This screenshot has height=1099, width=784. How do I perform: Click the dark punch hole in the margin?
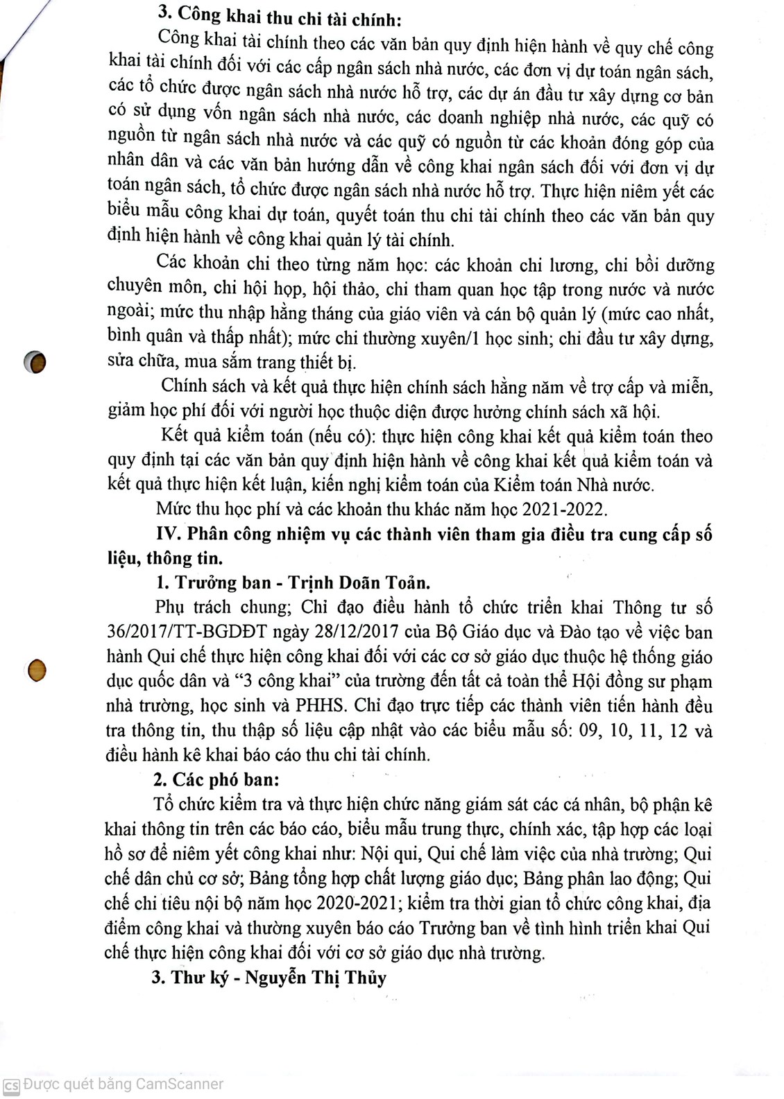coord(34,362)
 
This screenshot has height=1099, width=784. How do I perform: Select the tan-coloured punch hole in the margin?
coord(37,670)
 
